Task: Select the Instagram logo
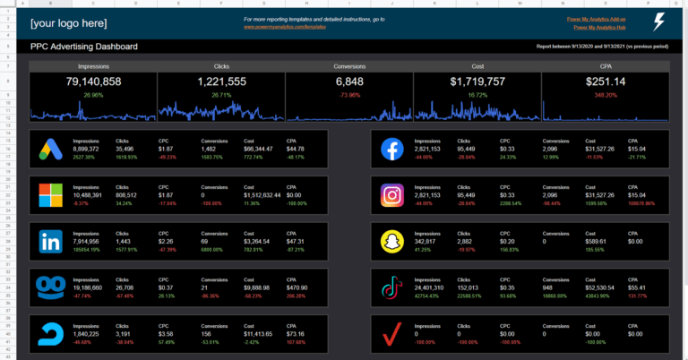391,196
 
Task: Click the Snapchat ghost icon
391,243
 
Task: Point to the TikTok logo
391,288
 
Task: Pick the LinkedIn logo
52,242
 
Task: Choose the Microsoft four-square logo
52,196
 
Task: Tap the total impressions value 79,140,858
93,82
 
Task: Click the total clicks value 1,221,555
221,82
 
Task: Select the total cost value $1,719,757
477,82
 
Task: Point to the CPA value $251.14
605,82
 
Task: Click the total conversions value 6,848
349,82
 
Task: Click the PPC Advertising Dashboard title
83,47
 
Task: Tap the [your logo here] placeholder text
68,22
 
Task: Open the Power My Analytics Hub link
598,28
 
